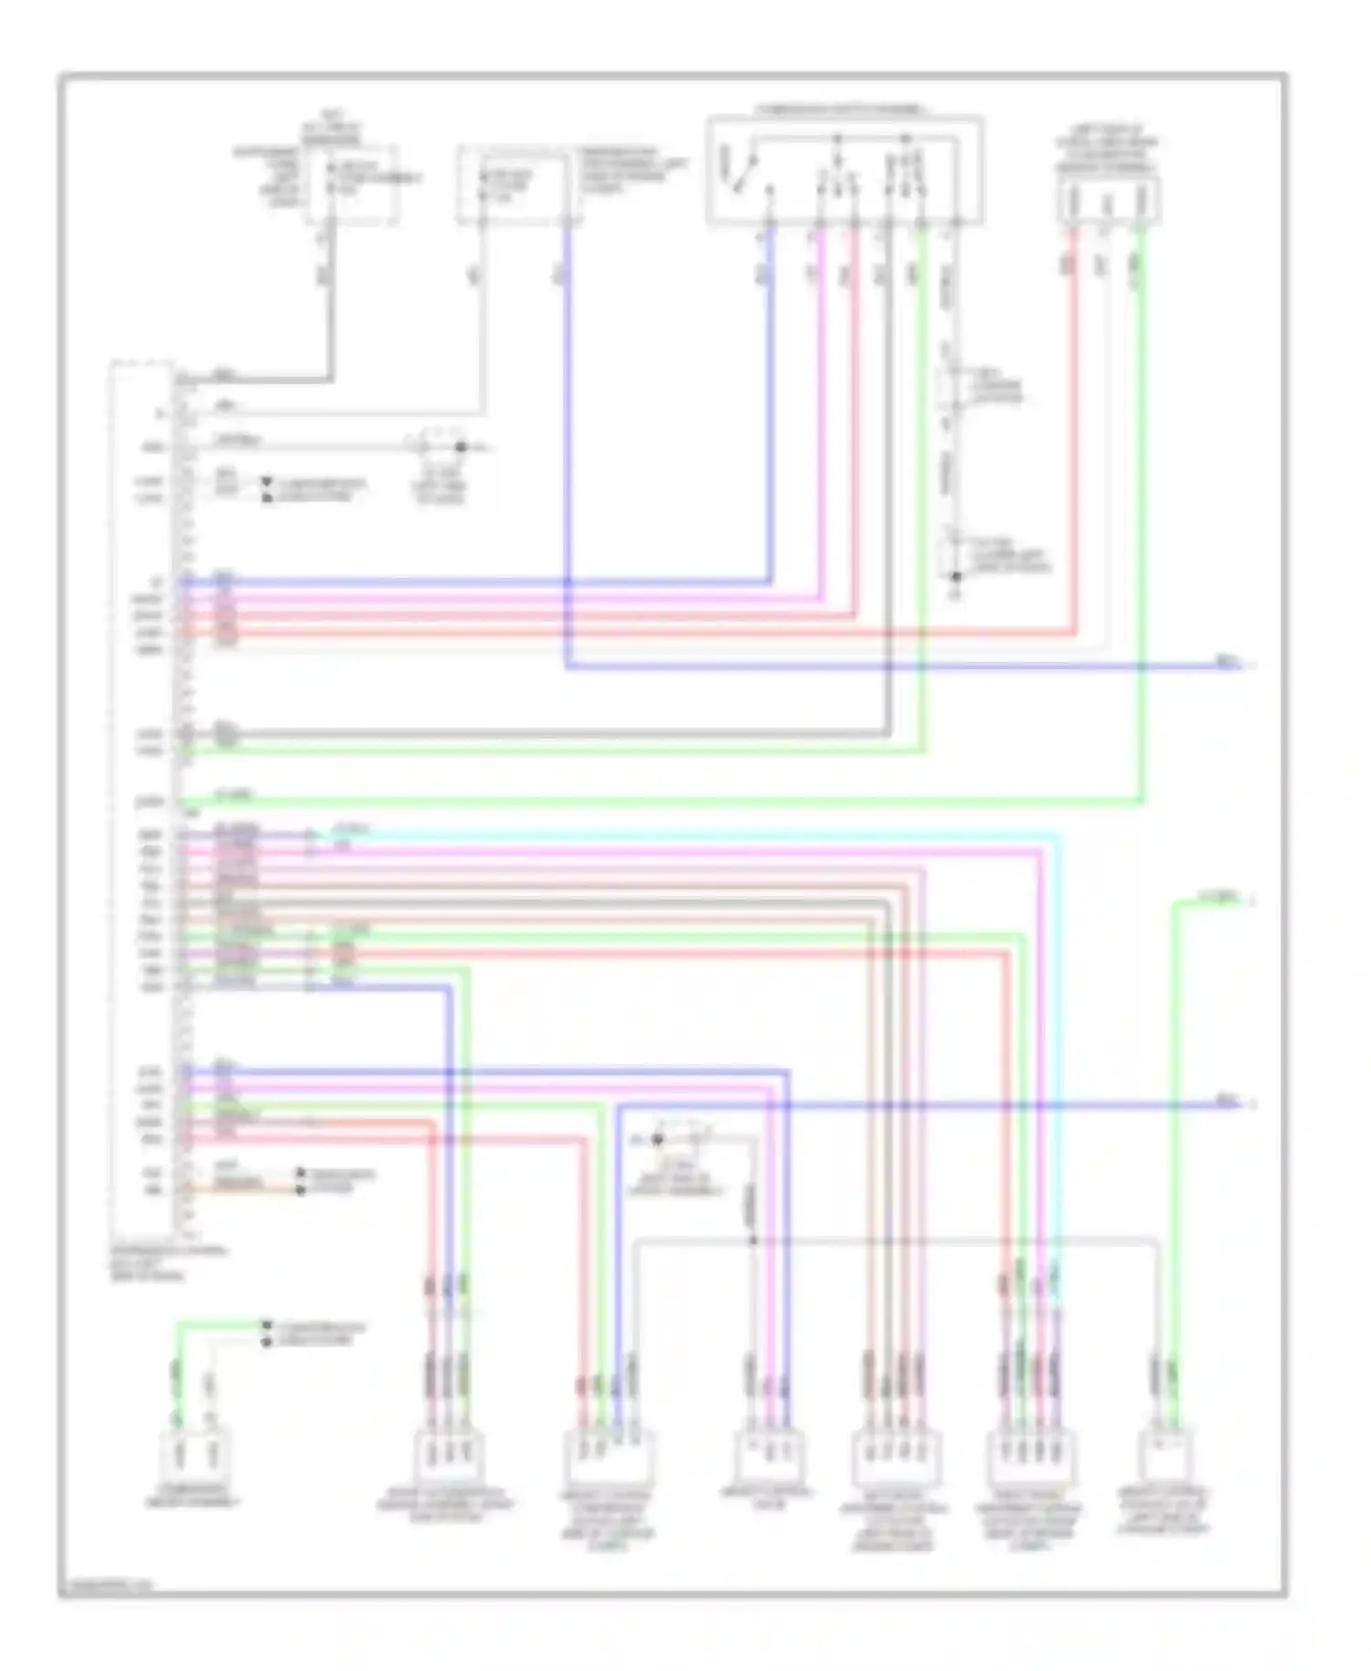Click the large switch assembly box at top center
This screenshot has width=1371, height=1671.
[x=845, y=170]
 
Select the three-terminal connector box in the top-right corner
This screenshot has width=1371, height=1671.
[x=1109, y=201]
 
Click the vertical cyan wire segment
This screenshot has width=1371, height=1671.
[x=1058, y=1051]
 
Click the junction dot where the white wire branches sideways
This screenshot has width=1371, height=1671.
[x=753, y=1240]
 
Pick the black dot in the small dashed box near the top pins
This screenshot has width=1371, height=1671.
[x=461, y=447]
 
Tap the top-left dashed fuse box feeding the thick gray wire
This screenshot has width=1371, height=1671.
[x=351, y=183]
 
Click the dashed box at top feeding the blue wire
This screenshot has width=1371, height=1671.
[x=519, y=183]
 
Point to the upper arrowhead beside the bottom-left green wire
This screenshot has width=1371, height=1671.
[x=266, y=1325]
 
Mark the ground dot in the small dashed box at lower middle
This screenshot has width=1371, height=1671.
[x=657, y=1140]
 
